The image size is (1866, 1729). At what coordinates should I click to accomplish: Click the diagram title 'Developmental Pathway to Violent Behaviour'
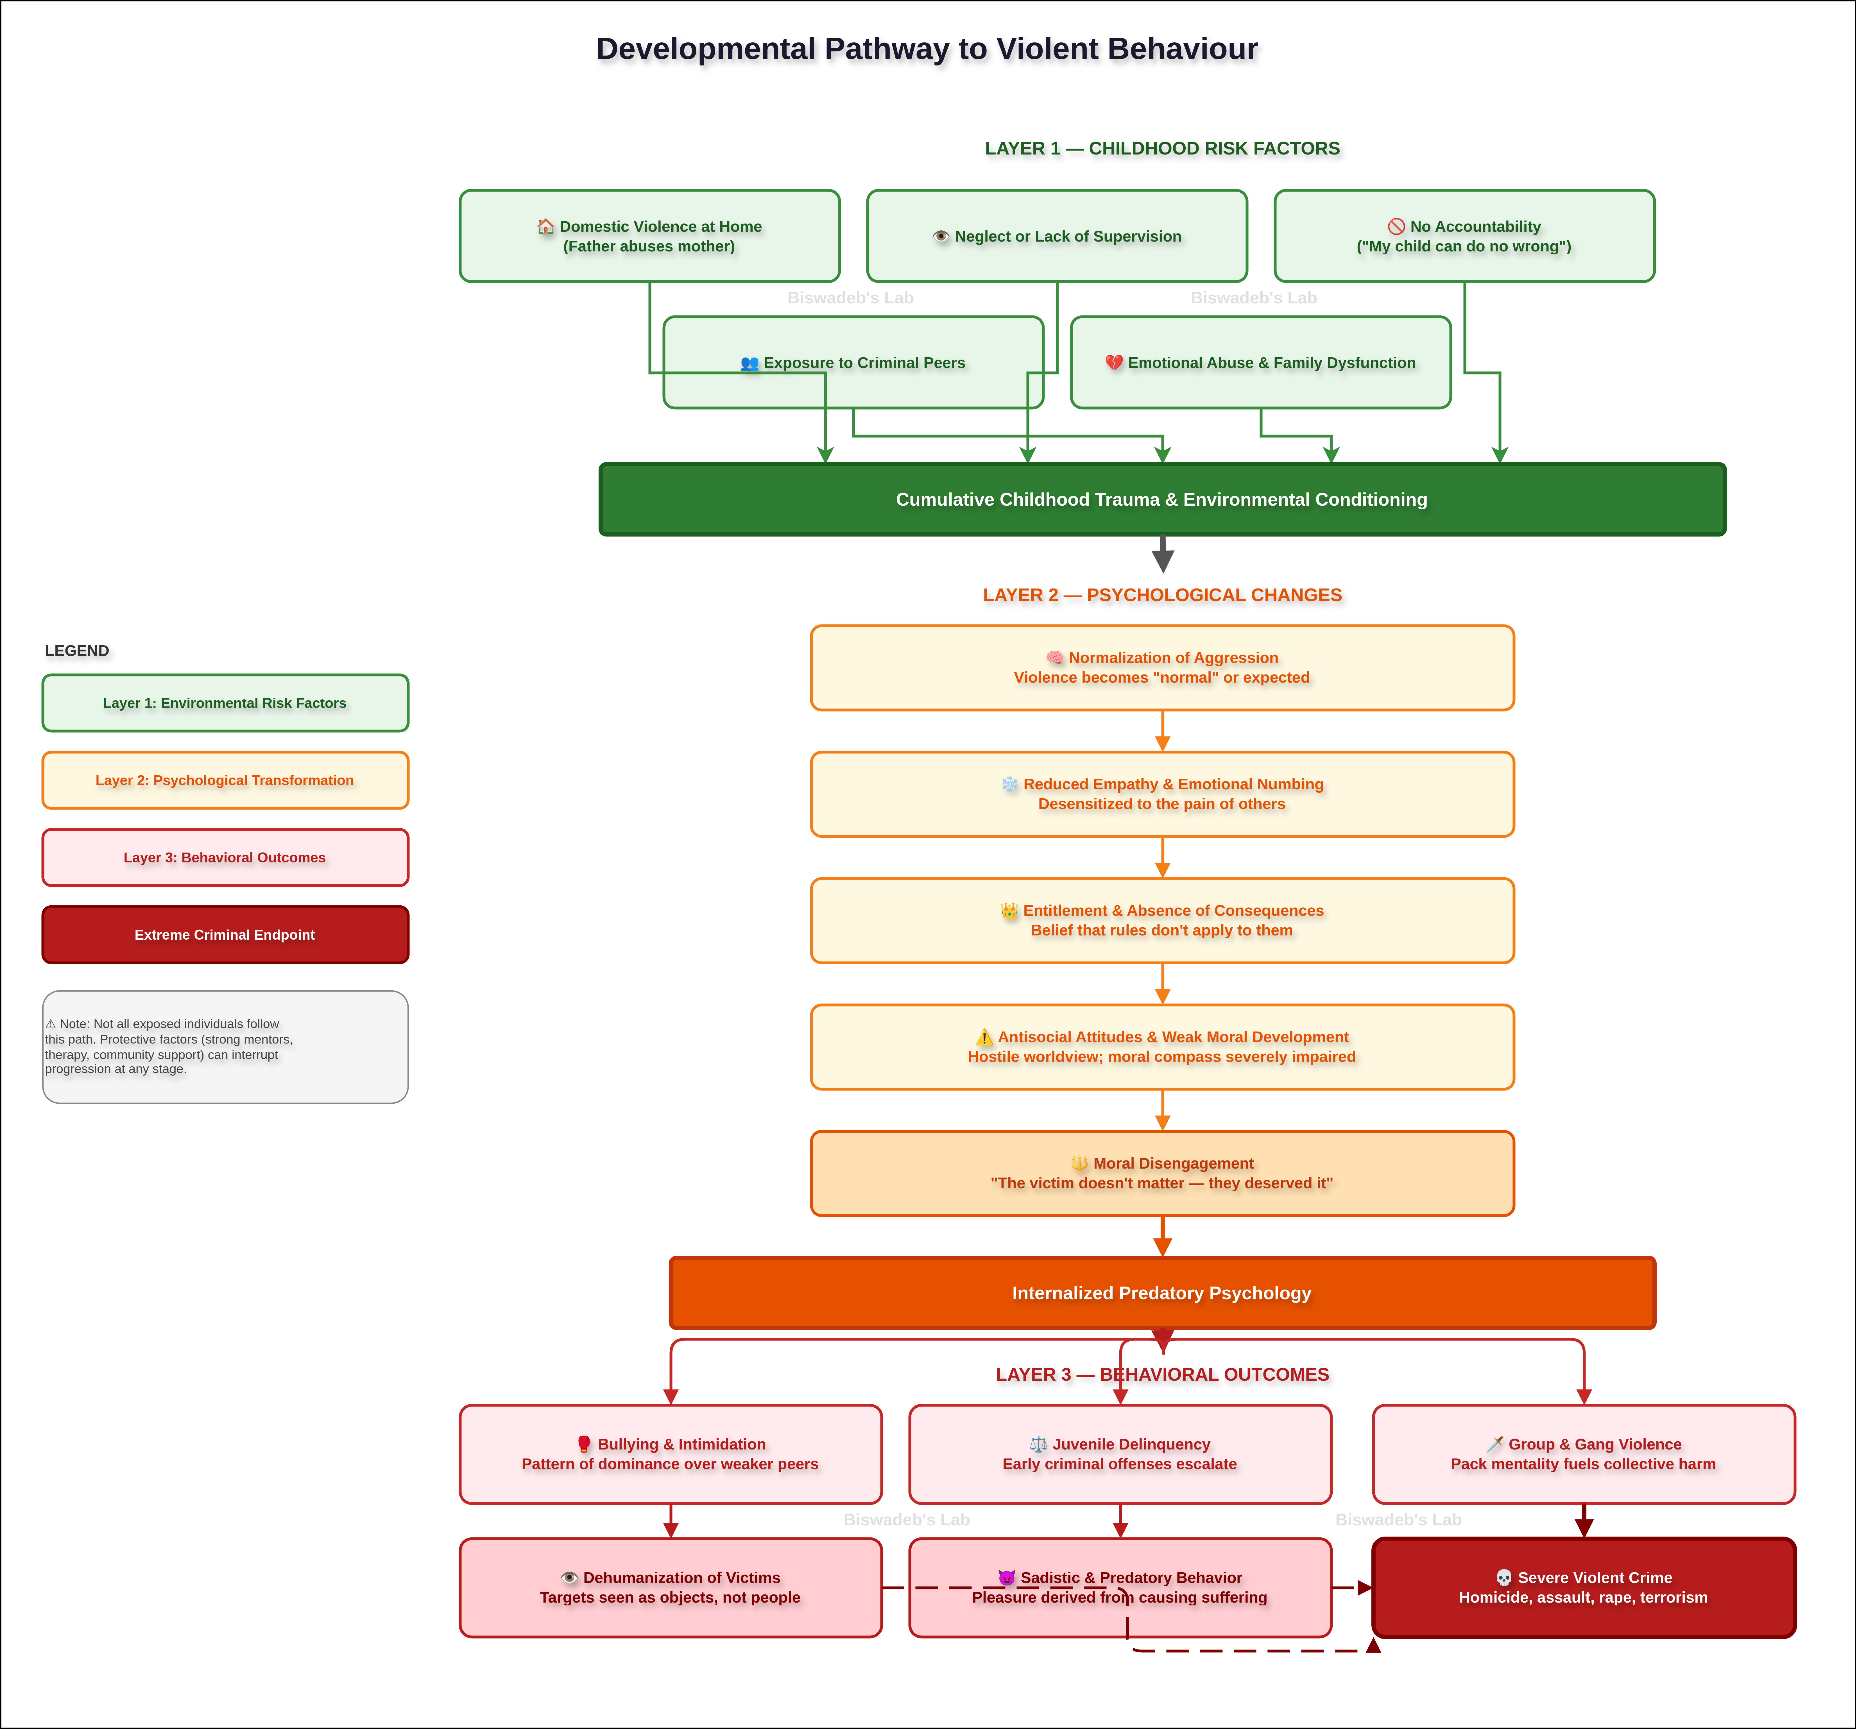pyautogui.click(x=927, y=49)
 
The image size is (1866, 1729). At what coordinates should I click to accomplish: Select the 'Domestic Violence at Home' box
pyautogui.click(x=649, y=236)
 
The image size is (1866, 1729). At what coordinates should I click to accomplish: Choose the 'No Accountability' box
pyautogui.click(x=1464, y=236)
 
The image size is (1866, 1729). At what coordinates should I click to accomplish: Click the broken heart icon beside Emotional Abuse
pyautogui.click(x=1114, y=362)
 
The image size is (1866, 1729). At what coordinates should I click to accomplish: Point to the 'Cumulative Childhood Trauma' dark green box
pyautogui.click(x=1162, y=500)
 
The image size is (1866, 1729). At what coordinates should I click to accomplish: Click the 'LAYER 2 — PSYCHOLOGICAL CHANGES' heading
pyautogui.click(x=1162, y=595)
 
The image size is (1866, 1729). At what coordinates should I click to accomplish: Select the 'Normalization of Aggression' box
pyautogui.click(x=1162, y=668)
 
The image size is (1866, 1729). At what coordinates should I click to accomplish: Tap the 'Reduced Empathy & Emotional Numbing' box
pyautogui.click(x=1162, y=794)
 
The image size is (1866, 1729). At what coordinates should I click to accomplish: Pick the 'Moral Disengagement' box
pyautogui.click(x=1162, y=1173)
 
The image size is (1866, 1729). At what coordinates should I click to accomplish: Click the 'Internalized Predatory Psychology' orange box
pyautogui.click(x=1162, y=1293)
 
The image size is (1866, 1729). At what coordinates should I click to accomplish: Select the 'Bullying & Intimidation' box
pyautogui.click(x=670, y=1454)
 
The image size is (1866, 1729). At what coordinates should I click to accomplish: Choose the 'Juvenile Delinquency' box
pyautogui.click(x=1120, y=1454)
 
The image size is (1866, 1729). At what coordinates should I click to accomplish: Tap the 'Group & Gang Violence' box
pyautogui.click(x=1583, y=1454)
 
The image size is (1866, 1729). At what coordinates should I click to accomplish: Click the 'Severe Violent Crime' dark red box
pyautogui.click(x=1583, y=1588)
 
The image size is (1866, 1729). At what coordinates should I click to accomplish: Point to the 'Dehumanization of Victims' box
pyautogui.click(x=670, y=1588)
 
